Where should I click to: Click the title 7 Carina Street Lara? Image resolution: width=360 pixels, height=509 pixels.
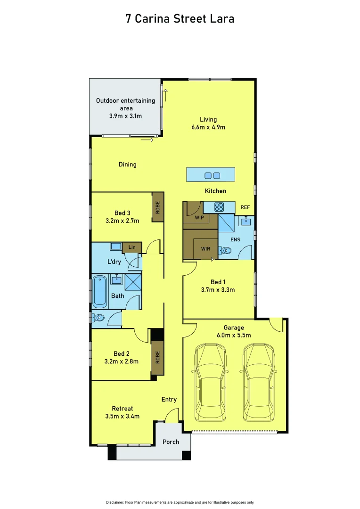[180, 19]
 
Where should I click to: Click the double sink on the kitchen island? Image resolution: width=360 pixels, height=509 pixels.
[212, 176]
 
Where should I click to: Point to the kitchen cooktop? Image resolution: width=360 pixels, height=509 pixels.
[219, 206]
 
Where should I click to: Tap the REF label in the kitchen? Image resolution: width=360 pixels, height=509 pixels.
[245, 207]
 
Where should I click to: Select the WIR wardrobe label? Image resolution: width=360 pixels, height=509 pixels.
[205, 249]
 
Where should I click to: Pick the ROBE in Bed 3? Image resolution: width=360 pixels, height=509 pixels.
[158, 207]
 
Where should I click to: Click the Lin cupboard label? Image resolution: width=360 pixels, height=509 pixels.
[131, 247]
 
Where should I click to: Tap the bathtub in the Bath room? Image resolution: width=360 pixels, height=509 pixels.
[99, 291]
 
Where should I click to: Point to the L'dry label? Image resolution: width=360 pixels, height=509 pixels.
[115, 262]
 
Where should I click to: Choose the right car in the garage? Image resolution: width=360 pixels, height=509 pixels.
[260, 382]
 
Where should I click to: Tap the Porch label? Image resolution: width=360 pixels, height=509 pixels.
[171, 442]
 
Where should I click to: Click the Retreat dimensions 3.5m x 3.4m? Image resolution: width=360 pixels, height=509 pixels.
[122, 416]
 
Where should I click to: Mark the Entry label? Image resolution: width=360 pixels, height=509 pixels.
[169, 400]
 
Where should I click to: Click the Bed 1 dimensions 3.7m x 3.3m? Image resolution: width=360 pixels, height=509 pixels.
[217, 290]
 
